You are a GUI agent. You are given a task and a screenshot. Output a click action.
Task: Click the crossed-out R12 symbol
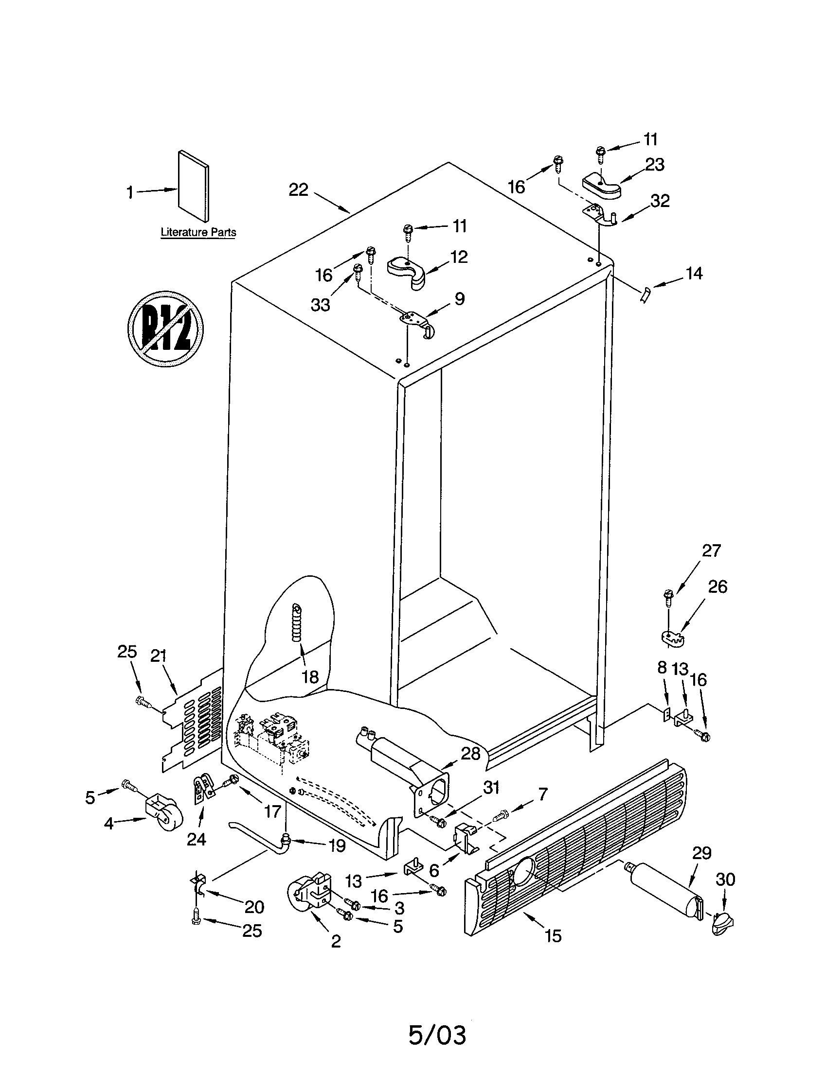[x=165, y=328]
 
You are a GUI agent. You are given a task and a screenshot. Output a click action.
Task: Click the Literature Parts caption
[x=198, y=232]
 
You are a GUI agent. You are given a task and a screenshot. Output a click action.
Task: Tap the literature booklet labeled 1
[x=194, y=186]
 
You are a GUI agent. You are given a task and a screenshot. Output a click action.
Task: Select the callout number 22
[x=298, y=190]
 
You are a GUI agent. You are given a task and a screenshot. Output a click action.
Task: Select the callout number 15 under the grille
[x=553, y=936]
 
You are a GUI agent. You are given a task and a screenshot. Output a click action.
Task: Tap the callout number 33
[x=321, y=305]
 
